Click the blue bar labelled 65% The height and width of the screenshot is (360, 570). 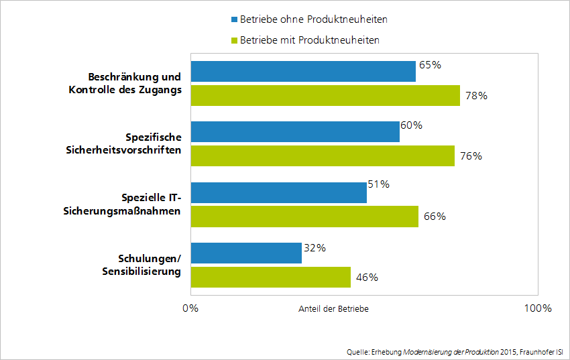pos(303,71)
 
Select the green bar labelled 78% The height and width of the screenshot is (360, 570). pos(325,95)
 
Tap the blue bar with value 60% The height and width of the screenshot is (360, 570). pos(295,131)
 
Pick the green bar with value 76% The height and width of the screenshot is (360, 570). pos(323,156)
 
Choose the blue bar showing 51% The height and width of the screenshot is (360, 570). pos(278,192)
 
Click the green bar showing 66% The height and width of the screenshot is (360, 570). pos(304,217)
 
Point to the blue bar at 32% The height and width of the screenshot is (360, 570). pos(246,253)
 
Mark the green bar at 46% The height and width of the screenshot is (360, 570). pos(271,277)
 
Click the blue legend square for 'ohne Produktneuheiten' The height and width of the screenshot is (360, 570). pos(234,19)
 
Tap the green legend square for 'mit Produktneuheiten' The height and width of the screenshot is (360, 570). pos(234,40)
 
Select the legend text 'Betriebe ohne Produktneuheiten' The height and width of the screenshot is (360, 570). pos(313,19)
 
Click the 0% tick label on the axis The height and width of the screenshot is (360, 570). pos(190,308)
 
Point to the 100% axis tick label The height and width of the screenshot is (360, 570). pos(537,308)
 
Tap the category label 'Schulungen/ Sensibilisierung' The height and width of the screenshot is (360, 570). pos(141,265)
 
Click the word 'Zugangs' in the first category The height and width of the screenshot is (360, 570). pos(162,90)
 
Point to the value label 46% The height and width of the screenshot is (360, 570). pos(367,277)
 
